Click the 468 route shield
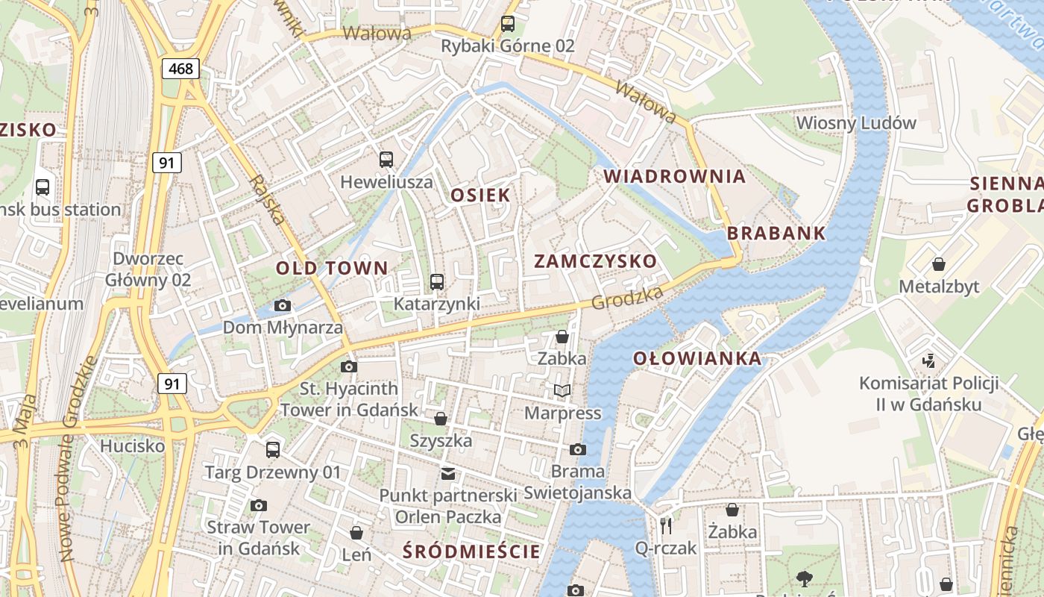coord(180,69)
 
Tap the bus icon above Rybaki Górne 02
coord(508,23)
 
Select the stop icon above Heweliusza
coord(386,159)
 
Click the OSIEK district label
coord(481,196)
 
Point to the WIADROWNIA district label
coord(674,176)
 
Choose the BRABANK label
coord(776,233)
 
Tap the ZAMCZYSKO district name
coord(596,261)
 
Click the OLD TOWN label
coord(332,268)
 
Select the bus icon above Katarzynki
coord(437,282)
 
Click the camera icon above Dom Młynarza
coord(283,305)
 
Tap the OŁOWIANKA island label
coord(697,359)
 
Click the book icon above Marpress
coord(562,390)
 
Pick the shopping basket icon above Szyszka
coord(441,419)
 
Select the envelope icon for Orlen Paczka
coord(447,473)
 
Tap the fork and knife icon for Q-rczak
coord(666,526)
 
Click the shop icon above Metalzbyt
coord(939,264)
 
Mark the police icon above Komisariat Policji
coord(928,361)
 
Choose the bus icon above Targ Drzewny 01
coord(273,450)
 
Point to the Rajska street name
coord(267,199)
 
